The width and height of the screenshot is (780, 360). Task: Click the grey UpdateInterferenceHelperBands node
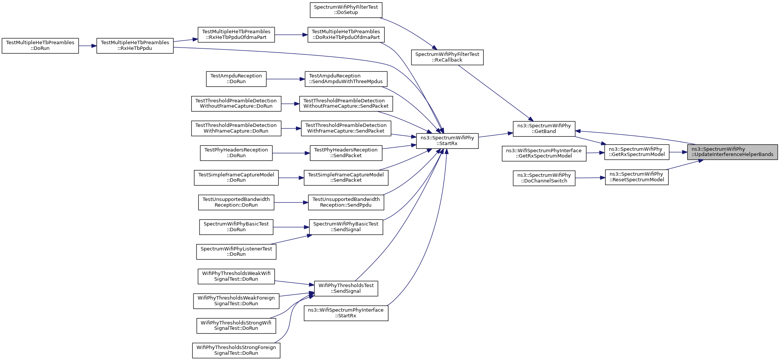tap(732, 152)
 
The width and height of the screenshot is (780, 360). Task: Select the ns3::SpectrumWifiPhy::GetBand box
tap(544, 129)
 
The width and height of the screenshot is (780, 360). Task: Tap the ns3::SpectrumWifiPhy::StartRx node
tap(447, 141)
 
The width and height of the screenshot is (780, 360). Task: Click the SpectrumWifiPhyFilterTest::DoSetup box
tap(346, 10)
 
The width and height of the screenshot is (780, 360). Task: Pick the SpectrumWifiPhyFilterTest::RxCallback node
tap(447, 57)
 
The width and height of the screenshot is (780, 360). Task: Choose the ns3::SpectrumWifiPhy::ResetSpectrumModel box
tap(637, 177)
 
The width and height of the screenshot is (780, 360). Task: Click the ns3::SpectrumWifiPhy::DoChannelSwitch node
tap(544, 178)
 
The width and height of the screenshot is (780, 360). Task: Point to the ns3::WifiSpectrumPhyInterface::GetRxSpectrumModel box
tap(544, 153)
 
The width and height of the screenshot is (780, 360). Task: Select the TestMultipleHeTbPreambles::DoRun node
tap(40, 46)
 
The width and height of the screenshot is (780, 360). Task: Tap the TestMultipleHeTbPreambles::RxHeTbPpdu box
tap(135, 46)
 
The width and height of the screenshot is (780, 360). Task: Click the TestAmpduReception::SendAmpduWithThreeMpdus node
tap(346, 79)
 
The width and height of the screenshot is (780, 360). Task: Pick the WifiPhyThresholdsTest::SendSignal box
tap(346, 289)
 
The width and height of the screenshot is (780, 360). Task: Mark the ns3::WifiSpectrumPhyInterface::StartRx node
tap(346, 313)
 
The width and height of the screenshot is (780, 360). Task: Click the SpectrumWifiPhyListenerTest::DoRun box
tap(236, 252)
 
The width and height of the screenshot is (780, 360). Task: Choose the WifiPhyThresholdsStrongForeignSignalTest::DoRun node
tap(236, 350)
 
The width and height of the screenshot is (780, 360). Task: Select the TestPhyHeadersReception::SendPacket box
tap(346, 153)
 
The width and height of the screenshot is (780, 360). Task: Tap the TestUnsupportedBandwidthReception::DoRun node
tap(236, 202)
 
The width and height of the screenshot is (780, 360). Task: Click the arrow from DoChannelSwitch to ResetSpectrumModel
tap(590, 178)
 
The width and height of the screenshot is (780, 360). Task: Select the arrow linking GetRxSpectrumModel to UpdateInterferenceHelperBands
tap(678, 152)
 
